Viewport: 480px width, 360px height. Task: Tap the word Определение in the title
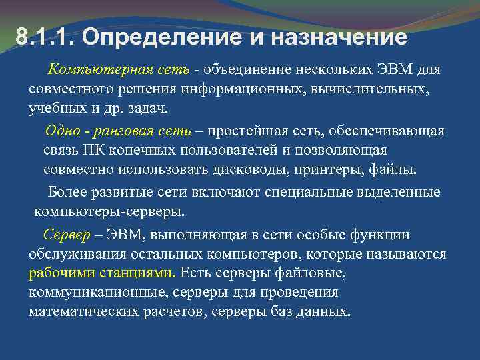(x=151, y=37)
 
